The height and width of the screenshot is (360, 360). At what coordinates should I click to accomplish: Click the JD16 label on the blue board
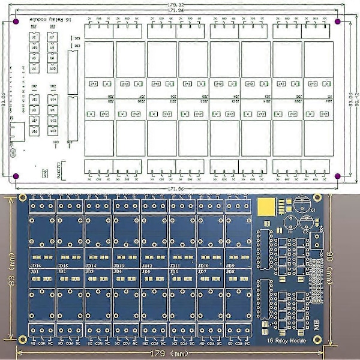(35, 265)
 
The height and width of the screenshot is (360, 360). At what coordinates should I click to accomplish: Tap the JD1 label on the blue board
(35, 272)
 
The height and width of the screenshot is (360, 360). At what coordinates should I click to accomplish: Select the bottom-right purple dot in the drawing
(338, 176)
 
